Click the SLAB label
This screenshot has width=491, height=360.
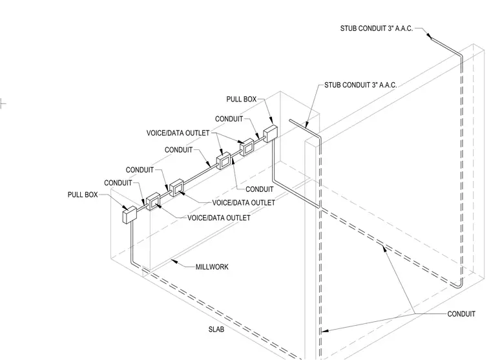click(x=216, y=329)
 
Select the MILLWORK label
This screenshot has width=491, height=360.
click(x=212, y=267)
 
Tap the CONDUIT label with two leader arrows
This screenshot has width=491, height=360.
click(x=461, y=313)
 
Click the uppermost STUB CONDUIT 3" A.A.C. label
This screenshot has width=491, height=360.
click(x=377, y=28)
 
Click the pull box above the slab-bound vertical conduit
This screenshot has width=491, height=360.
click(x=129, y=215)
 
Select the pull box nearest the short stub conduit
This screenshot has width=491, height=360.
click(x=270, y=134)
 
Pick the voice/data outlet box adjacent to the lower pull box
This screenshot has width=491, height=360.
click(x=153, y=202)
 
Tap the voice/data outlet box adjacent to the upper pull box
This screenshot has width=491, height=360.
click(x=247, y=147)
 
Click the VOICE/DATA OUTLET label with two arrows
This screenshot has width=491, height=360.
click(x=178, y=133)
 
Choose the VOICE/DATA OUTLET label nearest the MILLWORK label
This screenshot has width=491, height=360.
click(x=219, y=218)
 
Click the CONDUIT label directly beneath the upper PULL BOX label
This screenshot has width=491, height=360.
click(x=229, y=119)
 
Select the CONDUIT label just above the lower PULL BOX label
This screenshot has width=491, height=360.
click(x=118, y=183)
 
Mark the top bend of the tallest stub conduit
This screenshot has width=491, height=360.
click(x=460, y=56)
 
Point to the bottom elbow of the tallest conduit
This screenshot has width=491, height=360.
click(x=458, y=286)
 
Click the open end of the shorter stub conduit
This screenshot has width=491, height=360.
click(x=290, y=120)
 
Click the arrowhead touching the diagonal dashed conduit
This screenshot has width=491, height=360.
click(x=384, y=248)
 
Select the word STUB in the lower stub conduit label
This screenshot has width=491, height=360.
click(x=331, y=85)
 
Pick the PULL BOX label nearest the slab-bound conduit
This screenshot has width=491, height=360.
click(x=83, y=195)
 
